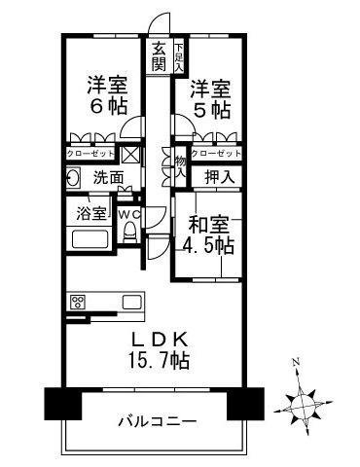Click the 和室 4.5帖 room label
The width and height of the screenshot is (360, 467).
(211, 233)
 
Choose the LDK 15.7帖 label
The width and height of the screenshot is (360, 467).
(162, 349)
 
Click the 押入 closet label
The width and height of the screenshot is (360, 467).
(220, 177)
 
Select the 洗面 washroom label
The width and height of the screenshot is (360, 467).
(108, 178)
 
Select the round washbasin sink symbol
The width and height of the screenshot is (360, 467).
(73, 178)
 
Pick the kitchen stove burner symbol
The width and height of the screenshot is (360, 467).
(78, 301)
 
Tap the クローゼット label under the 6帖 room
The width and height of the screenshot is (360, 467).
(90, 154)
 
